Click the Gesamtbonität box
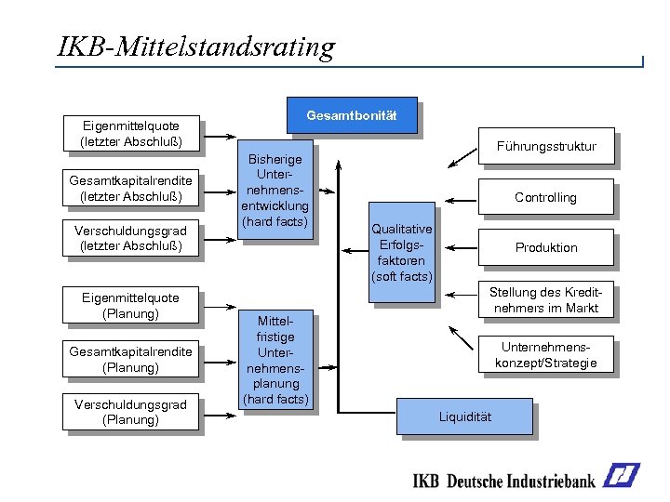pos(351,115)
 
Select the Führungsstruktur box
pos(546,146)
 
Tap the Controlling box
pos(546,197)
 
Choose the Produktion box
pos(546,247)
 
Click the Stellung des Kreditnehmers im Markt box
pos(546,299)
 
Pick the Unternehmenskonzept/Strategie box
pos(546,354)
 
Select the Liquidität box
pos(464,416)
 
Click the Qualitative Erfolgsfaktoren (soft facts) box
pos(401,252)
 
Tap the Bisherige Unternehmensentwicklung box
pos(275,191)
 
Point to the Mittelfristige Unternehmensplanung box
pos(275,360)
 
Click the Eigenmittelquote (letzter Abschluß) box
pos(130,133)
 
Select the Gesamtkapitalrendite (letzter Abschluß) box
pos(130,189)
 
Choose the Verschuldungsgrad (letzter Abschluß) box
pos(130,238)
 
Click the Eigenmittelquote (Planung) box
pos(130,305)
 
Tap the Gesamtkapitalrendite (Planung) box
pos(130,359)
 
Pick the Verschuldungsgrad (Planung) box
pos(130,411)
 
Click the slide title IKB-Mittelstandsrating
pos(195,46)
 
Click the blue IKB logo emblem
pos(621,476)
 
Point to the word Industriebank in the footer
pos(549,481)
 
